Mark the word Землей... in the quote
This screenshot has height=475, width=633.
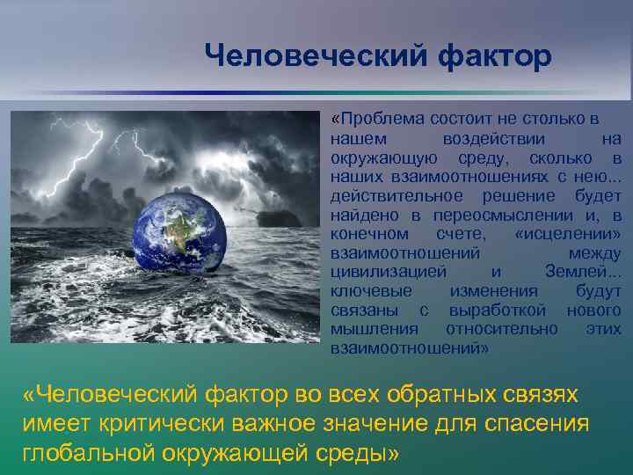click(583, 272)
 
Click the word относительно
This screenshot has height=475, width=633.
click(501, 329)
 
